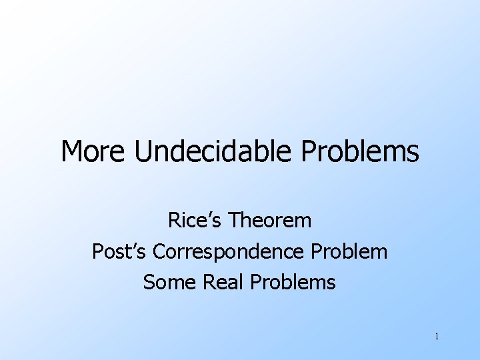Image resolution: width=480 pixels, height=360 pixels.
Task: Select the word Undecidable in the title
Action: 212,152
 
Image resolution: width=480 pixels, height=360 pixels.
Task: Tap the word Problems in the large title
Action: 360,152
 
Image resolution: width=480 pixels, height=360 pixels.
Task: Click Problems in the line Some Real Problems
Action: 293,283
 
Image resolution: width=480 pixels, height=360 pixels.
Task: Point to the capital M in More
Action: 71,152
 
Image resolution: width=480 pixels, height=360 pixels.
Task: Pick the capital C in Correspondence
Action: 159,251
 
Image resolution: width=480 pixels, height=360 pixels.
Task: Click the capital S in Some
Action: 149,283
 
